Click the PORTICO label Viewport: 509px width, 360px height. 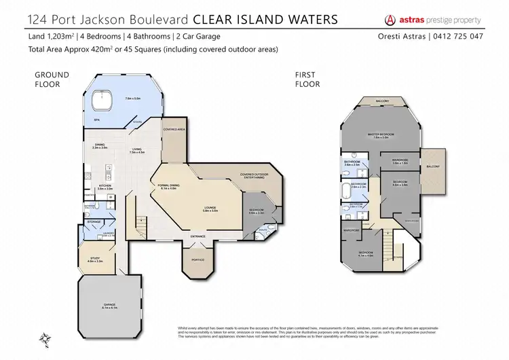pos(197,259)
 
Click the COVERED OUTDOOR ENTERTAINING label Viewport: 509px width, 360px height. pos(254,176)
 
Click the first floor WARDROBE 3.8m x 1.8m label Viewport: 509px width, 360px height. pos(400,161)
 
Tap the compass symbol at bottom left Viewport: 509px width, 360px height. pos(45,337)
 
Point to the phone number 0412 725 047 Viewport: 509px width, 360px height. pos(459,35)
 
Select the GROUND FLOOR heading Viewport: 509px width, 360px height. pos(48,80)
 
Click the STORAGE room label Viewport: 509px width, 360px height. pos(95,221)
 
